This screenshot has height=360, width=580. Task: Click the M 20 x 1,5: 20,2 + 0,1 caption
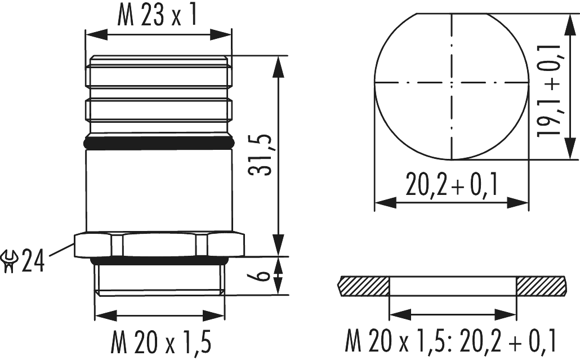(x=451, y=340)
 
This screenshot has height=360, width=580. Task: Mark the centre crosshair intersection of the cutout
(x=452, y=82)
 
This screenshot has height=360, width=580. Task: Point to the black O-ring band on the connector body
(x=157, y=143)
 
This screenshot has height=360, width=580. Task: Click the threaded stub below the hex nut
(x=159, y=279)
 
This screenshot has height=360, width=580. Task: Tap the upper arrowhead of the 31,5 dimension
(x=278, y=63)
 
